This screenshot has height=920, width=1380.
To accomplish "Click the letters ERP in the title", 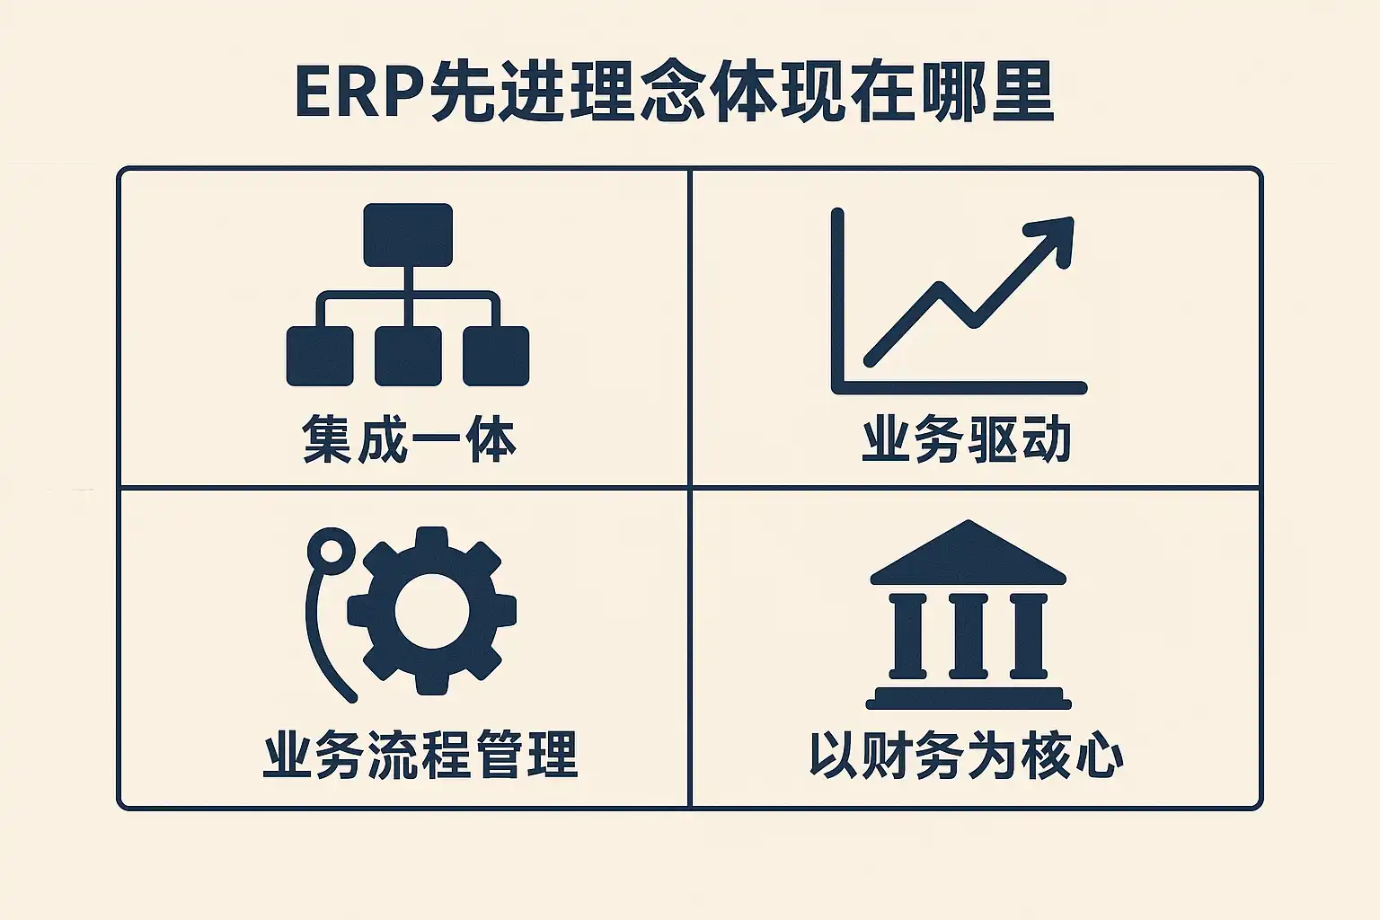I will pyautogui.click(x=360, y=93).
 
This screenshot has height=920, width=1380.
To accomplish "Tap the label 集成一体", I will pyautogui.click(x=409, y=439).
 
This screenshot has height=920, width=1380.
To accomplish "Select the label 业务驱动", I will pyautogui.click(x=966, y=439).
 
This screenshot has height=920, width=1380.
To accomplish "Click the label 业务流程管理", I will pyautogui.click(x=420, y=755).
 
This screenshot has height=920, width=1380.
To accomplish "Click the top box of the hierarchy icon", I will pyautogui.click(x=408, y=234).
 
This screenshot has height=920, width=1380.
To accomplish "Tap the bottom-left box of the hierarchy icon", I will pyautogui.click(x=320, y=356).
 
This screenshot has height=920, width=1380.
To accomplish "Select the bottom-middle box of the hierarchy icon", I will pyautogui.click(x=408, y=356).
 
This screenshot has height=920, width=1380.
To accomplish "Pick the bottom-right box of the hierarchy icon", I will pyautogui.click(x=496, y=356).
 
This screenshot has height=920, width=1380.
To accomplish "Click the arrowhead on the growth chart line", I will pyautogui.click(x=1055, y=238).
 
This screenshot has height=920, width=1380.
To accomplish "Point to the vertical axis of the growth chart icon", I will pyautogui.click(x=838, y=301).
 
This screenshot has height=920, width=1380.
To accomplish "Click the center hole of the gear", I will pyautogui.click(x=432, y=610).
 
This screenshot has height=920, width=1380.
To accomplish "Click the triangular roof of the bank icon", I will pyautogui.click(x=968, y=553).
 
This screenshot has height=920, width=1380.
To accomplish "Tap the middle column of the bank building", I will pyautogui.click(x=968, y=634).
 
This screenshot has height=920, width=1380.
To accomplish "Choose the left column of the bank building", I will pyautogui.click(x=908, y=634).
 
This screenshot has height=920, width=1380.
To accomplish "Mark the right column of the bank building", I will pyautogui.click(x=1028, y=634).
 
